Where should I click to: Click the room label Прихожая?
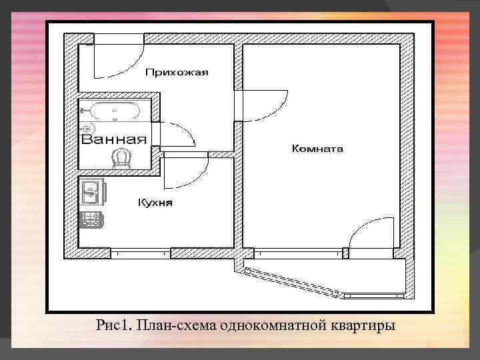(x=177, y=72)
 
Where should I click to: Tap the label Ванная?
(x=113, y=139)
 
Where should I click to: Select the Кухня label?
(x=155, y=202)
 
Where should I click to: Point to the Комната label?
(x=317, y=149)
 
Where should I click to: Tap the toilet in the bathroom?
(x=121, y=157)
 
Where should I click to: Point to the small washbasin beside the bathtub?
(x=87, y=127)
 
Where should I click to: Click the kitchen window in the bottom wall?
(x=141, y=253)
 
